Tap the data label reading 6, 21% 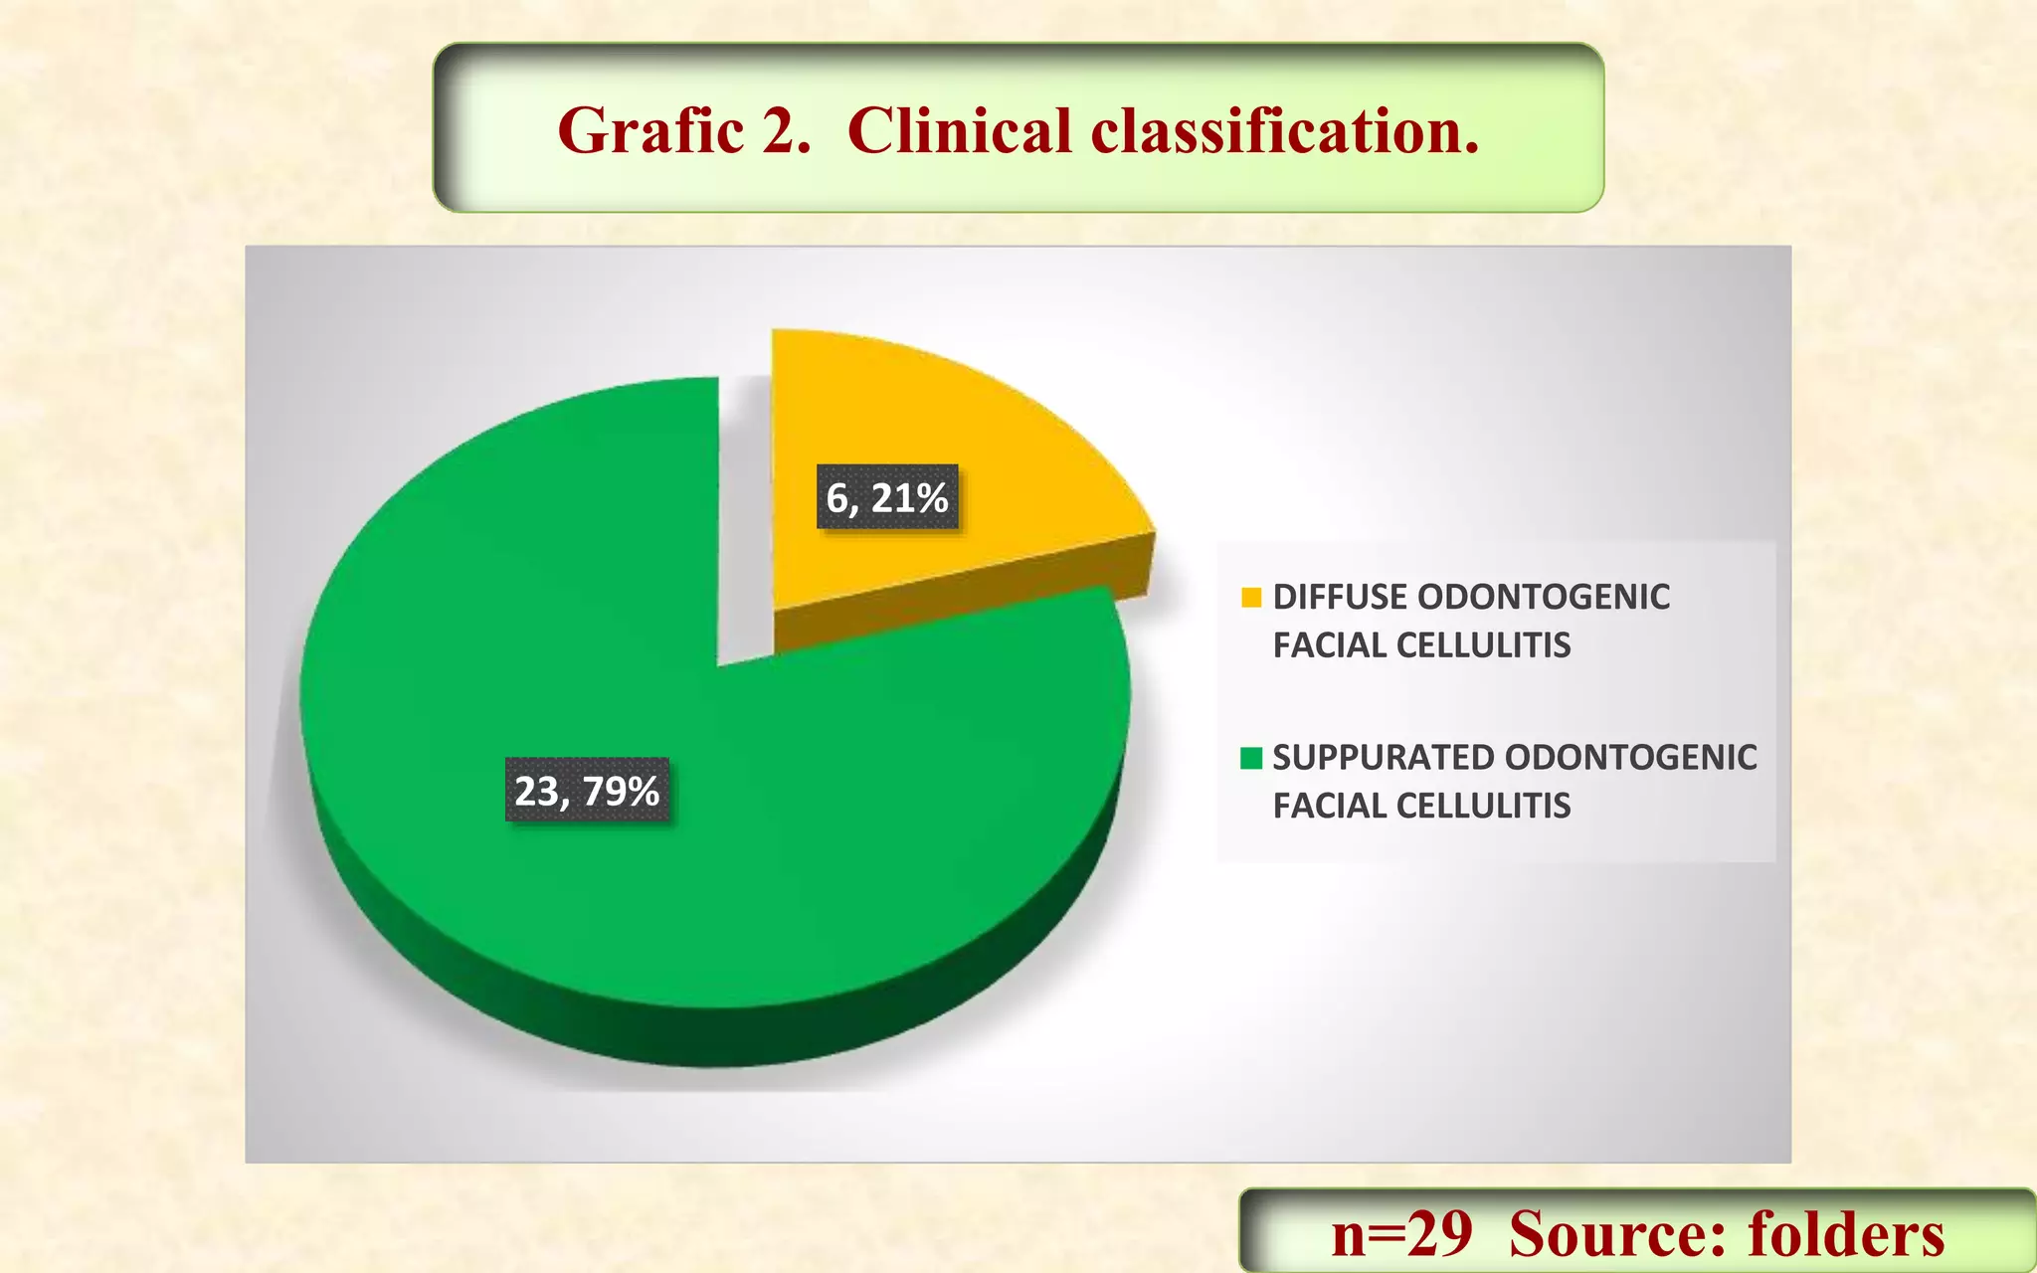coord(887,497)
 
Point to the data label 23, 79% coord(587,791)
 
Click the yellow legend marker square coord(1251,597)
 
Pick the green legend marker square coord(1251,758)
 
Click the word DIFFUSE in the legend coord(1339,597)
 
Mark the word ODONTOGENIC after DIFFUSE coord(1543,597)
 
